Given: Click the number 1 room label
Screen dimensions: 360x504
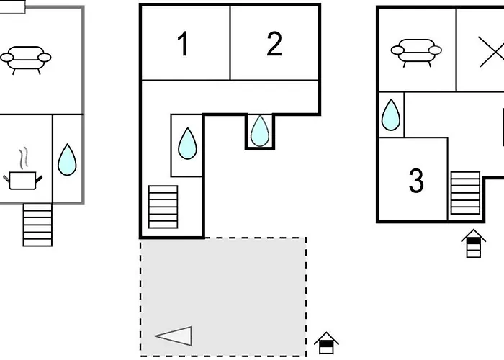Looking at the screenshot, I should (184, 45).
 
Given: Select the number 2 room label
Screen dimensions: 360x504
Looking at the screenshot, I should (274, 45).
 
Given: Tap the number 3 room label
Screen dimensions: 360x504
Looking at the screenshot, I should (416, 181).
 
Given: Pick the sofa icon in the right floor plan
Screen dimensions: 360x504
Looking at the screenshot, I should (416, 52).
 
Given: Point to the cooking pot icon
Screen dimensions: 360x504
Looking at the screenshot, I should (24, 179).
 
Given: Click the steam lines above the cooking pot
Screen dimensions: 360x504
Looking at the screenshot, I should (24, 157).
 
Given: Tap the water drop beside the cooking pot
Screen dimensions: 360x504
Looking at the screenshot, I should (67, 160).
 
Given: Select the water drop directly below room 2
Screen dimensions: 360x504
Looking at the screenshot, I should (259, 130).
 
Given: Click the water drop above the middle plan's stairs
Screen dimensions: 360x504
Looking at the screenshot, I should (187, 143).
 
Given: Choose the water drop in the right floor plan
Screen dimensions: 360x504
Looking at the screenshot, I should (390, 114).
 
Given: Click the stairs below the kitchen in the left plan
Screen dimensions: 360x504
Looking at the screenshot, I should (37, 225).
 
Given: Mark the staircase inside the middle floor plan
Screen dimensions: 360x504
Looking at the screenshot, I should (163, 207).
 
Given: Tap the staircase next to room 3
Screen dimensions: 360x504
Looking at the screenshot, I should (465, 193).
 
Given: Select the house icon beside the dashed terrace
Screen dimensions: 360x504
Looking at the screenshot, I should (326, 343).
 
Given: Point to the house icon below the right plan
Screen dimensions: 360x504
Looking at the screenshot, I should (474, 243).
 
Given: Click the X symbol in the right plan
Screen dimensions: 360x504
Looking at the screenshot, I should (492, 52).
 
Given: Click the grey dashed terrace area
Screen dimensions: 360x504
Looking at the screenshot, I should (223, 288).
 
